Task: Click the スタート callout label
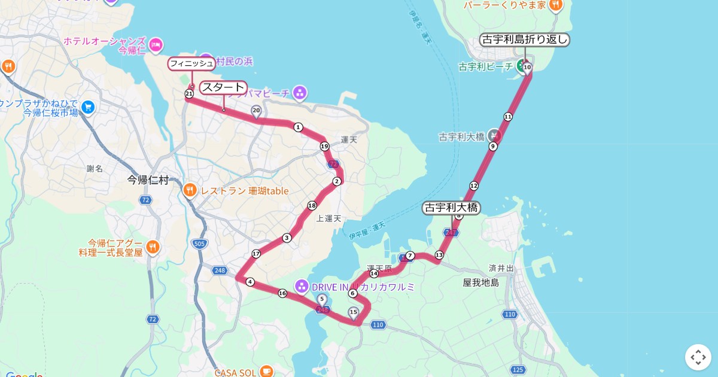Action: pos(223,87)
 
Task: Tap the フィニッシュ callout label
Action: pos(191,63)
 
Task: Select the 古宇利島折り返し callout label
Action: pos(525,40)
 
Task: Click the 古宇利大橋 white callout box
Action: pos(452,208)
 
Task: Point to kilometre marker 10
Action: pos(527,68)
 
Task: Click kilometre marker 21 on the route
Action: pos(189,94)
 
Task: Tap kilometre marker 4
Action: pos(250,282)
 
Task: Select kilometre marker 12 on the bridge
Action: pos(474,186)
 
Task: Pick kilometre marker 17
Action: pos(256,254)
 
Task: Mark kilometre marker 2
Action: pos(337,181)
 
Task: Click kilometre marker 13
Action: pos(439,255)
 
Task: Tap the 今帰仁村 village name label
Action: pos(148,180)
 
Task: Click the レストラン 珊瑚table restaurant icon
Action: pos(190,191)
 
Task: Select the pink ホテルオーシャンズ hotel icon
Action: pos(156,44)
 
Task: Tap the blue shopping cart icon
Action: pos(89,107)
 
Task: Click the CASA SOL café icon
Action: pos(266,372)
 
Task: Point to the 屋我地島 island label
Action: pos(480,282)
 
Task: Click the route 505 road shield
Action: pos(199,243)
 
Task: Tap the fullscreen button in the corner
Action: pos(698,357)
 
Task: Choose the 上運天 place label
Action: pos(328,218)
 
